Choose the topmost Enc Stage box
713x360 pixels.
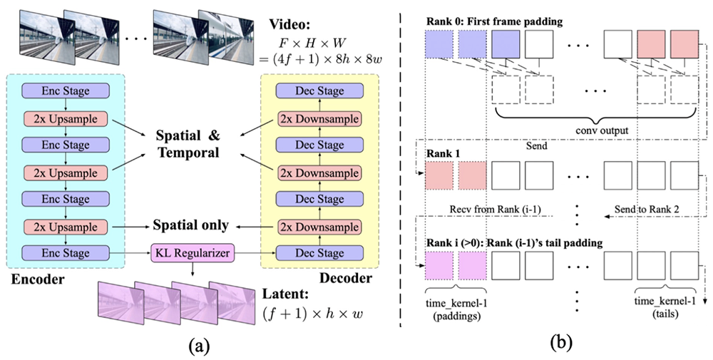66,91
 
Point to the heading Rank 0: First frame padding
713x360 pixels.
493,21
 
